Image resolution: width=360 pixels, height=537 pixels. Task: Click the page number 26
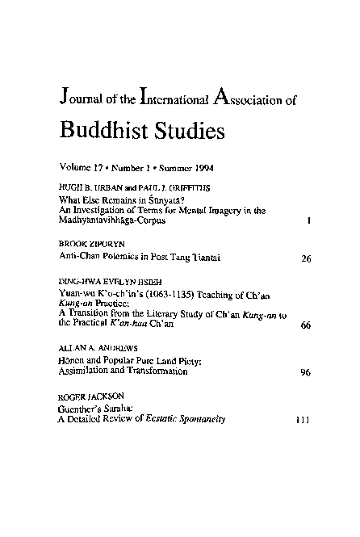(x=305, y=258)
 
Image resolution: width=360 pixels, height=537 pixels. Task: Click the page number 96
(x=305, y=373)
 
